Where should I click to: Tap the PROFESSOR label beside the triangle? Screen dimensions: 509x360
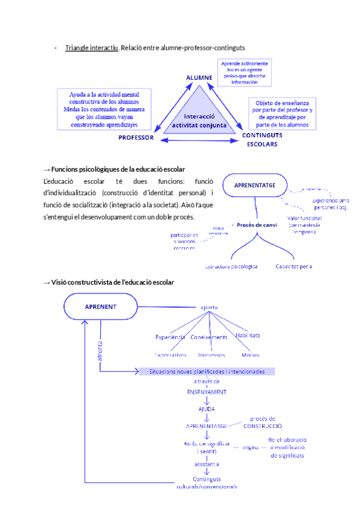136,137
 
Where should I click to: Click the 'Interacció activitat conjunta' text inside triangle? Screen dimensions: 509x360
199,121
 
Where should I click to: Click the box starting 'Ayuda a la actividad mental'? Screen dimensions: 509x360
104,109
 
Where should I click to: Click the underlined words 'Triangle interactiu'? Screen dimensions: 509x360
92,47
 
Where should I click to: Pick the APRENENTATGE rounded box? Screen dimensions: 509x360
255,185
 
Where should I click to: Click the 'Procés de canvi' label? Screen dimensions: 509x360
256,224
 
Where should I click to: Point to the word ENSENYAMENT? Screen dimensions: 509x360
206,391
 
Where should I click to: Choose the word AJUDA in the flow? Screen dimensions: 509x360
206,409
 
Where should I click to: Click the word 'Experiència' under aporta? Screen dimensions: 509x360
170,337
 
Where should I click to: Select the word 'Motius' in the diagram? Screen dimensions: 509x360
247,355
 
